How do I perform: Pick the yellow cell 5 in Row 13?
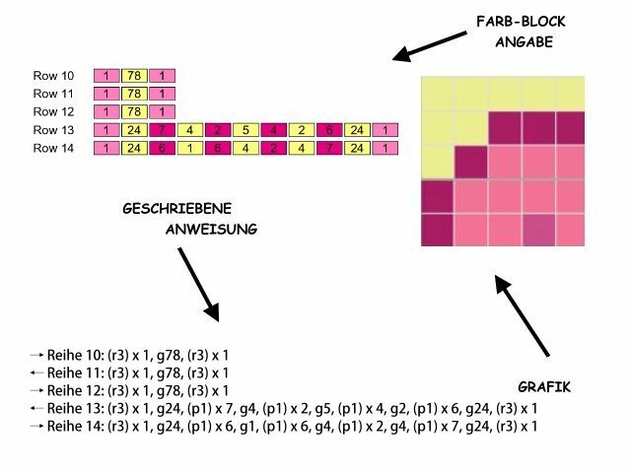tap(246, 130)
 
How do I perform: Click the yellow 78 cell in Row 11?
tap(133, 94)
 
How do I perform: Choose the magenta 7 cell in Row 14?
tap(329, 149)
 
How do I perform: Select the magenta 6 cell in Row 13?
tap(329, 130)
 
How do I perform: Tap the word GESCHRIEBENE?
tap(176, 209)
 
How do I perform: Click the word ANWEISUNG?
tap(211, 229)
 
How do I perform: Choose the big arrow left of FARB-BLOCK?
tap(430, 45)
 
